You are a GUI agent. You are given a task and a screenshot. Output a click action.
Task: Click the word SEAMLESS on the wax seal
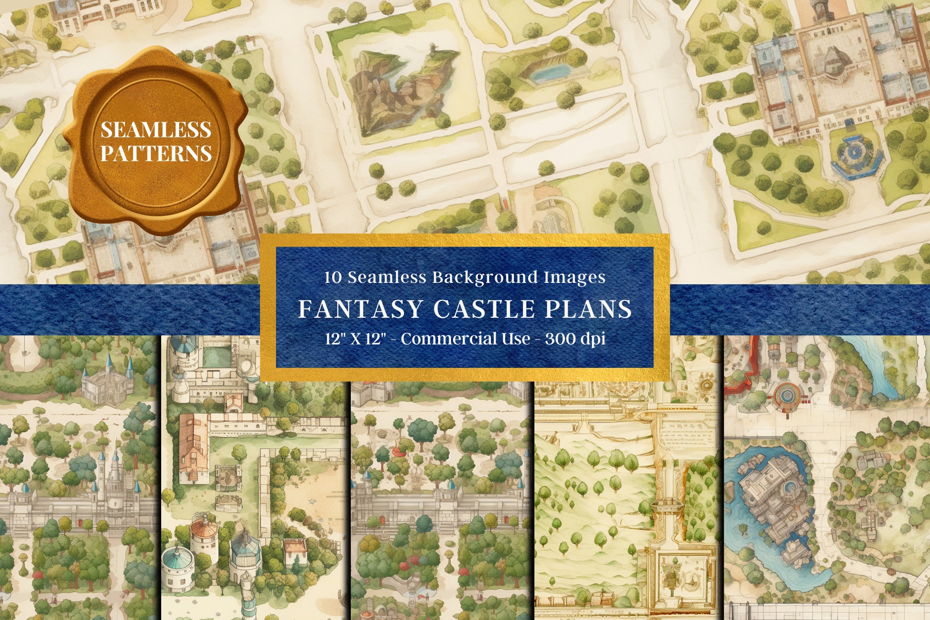point(156,130)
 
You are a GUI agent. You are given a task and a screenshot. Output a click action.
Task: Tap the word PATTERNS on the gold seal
point(156,154)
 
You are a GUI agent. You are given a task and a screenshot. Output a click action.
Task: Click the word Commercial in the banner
point(465,339)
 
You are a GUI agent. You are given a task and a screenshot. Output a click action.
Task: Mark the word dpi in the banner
point(592,339)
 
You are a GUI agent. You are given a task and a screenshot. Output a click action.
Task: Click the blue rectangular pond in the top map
point(549,73)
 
